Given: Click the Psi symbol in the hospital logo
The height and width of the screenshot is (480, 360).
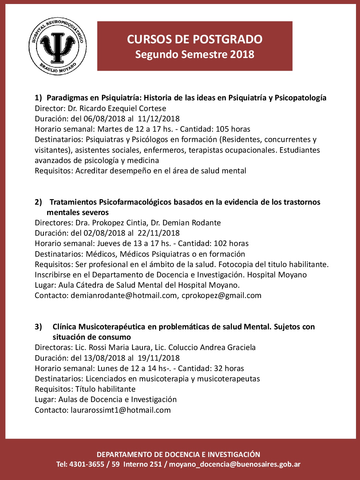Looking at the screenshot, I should (58, 47).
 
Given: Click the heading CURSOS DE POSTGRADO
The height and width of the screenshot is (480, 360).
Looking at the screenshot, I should (195, 39).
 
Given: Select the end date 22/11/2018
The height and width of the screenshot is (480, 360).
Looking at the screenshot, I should (159, 233).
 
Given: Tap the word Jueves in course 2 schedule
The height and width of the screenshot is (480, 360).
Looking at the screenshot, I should (109, 243).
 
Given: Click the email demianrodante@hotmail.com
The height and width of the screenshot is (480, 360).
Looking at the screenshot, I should (124, 295).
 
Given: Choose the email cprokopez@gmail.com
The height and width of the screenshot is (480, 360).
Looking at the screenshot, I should (221, 295).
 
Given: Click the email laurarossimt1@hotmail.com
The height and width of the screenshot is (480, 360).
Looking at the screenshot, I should (121, 410).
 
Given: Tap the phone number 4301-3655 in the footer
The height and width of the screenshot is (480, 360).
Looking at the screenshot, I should (87, 464).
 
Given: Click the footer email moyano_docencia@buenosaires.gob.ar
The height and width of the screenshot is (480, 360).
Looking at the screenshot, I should (235, 464).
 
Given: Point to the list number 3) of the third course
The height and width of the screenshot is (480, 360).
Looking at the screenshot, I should (38, 327).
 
